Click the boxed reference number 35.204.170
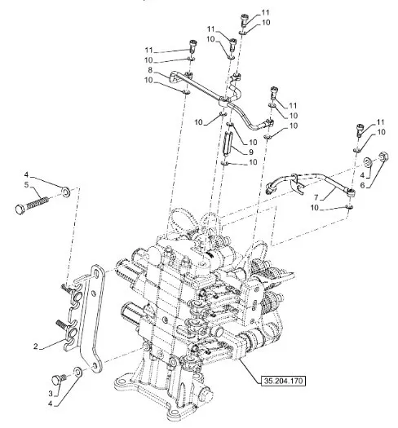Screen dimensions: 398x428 283,381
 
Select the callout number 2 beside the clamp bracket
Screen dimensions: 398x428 36,346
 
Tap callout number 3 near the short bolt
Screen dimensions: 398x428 51,393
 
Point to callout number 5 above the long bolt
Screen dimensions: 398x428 26,185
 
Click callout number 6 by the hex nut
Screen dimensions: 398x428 362,185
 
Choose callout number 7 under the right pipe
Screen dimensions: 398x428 316,197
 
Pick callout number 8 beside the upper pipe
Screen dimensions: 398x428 150,70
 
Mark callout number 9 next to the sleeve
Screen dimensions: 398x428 251,152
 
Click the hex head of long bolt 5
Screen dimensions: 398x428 20,210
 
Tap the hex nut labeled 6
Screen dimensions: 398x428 384,157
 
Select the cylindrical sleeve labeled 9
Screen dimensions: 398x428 228,143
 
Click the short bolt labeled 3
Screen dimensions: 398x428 59,379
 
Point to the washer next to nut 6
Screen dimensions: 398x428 369,163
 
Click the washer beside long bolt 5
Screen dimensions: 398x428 66,192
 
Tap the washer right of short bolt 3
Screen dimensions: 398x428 78,372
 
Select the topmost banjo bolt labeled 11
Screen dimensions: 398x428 245,20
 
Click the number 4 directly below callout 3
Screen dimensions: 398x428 51,404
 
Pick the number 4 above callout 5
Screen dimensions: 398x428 26,174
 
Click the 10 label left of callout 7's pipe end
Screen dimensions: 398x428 315,208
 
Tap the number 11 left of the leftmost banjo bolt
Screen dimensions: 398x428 149,51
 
